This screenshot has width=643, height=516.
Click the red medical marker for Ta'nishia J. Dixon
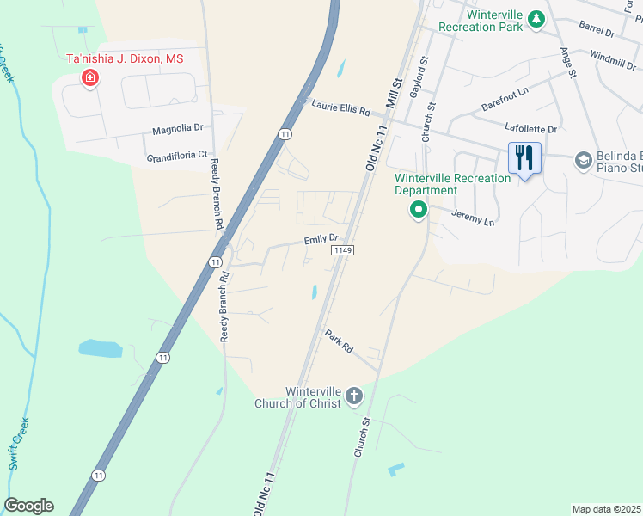coord(89,79)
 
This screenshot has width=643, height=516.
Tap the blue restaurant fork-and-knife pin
coord(524,158)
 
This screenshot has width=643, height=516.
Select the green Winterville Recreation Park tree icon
coord(536,19)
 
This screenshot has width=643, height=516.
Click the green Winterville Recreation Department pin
coord(419,209)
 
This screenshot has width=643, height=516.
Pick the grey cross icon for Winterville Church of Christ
coord(353,396)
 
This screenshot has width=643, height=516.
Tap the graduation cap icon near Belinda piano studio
coord(583,160)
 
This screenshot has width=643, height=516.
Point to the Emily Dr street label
coord(321,239)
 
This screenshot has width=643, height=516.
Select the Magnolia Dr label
coord(178,129)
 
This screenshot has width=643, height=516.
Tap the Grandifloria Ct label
coord(177,157)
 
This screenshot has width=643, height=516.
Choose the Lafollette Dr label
coord(531,128)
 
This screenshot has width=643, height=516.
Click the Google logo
coord(28,506)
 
